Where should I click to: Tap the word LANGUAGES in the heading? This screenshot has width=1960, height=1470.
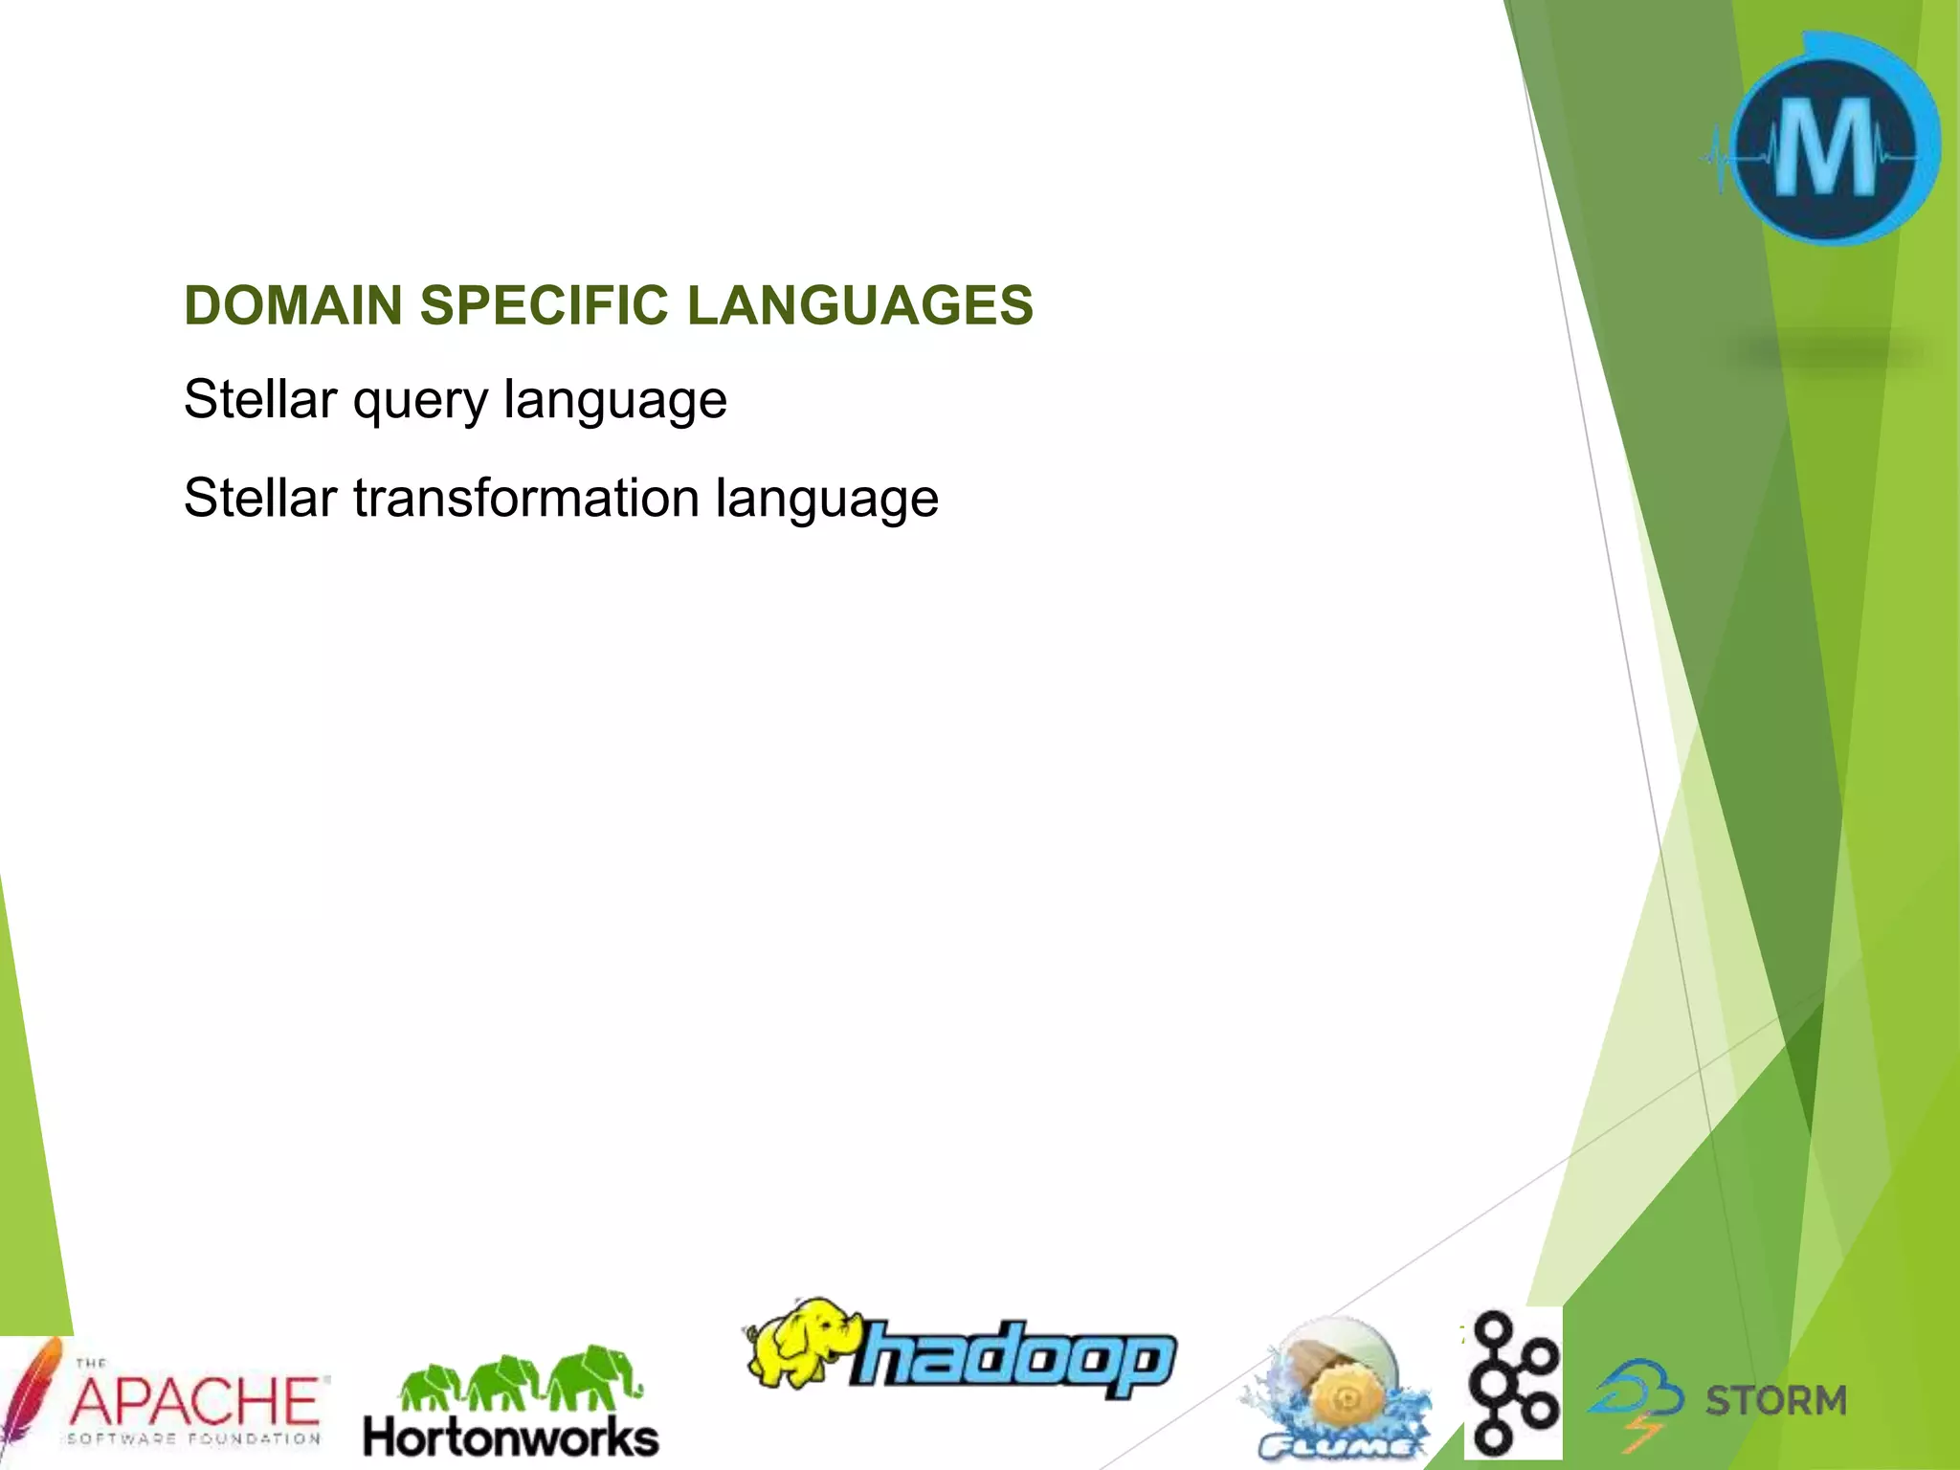point(859,305)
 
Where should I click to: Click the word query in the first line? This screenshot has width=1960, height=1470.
point(420,400)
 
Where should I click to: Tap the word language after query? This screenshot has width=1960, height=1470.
point(614,400)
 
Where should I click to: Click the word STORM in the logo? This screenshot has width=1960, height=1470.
point(1775,1401)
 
